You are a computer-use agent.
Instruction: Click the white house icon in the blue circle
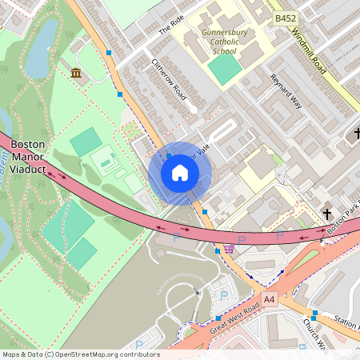pos(180,173)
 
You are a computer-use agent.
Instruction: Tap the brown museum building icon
pos(76,74)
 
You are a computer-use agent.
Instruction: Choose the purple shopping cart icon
pos(230,247)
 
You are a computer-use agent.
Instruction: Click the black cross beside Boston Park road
pos(326,213)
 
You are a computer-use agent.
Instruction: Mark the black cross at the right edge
pos(355,133)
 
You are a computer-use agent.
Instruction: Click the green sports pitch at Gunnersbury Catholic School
pos(226,68)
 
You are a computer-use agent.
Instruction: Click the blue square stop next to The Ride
pos(108,52)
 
